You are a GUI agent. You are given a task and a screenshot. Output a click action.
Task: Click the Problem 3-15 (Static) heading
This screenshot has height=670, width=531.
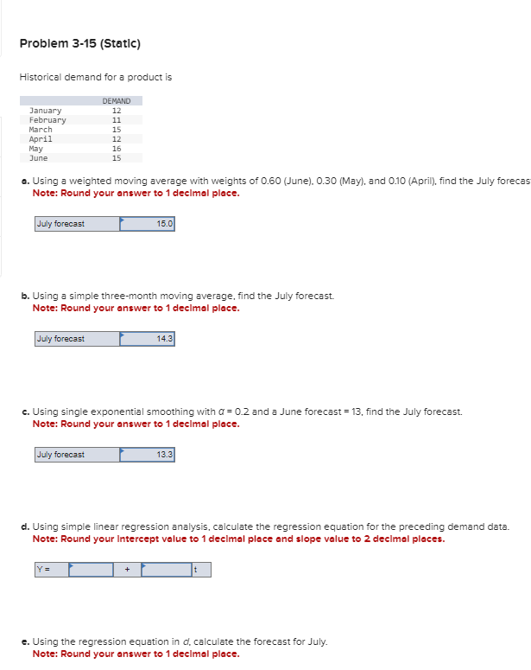79,43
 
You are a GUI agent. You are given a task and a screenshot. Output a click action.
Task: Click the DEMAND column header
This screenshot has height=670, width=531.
116,101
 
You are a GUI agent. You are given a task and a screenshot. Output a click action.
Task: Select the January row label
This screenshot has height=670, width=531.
46,111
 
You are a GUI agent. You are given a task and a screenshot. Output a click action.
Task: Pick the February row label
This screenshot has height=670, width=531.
47,120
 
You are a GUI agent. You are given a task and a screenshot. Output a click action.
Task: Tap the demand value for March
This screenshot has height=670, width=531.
117,130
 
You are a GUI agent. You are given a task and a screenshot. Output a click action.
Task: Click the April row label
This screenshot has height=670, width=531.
41,139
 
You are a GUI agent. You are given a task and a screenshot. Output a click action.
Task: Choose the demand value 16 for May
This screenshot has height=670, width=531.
117,149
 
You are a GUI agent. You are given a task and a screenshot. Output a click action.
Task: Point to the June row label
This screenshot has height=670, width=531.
39,158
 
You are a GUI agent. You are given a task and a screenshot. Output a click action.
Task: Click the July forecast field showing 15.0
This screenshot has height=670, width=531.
147,224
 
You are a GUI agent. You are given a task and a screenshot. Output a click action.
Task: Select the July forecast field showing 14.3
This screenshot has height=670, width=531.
147,339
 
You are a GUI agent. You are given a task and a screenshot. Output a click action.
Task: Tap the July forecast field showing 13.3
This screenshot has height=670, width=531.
147,455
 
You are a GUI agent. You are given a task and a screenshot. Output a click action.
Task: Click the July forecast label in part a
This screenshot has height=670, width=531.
60,224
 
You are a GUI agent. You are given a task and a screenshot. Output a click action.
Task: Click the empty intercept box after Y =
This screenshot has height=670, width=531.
92,570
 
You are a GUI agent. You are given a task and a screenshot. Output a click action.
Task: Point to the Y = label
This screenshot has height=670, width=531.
43,570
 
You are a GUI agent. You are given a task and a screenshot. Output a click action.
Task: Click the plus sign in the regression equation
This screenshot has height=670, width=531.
127,570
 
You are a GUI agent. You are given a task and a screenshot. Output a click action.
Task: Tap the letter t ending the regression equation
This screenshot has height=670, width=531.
196,570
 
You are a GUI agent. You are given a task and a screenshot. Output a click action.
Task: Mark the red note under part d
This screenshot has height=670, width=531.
238,539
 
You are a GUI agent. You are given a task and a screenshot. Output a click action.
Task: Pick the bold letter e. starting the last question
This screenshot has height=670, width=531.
25,641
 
